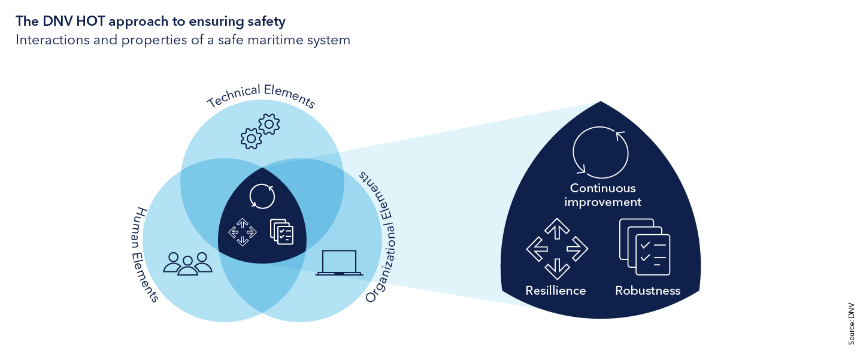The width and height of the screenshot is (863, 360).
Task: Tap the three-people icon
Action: (187, 263)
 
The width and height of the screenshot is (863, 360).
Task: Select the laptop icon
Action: (339, 263)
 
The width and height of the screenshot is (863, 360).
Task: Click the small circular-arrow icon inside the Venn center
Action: (262, 196)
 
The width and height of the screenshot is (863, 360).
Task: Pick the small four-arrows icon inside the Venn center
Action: (243, 232)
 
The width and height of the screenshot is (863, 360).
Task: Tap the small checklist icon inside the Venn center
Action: (281, 231)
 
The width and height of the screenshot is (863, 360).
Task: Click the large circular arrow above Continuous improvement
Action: (601, 153)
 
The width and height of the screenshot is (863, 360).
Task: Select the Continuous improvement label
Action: (602, 195)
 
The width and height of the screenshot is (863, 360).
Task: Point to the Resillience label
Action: (555, 291)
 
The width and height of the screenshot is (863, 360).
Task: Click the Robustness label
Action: (647, 291)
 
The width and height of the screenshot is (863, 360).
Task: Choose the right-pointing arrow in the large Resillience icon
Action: (577, 249)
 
